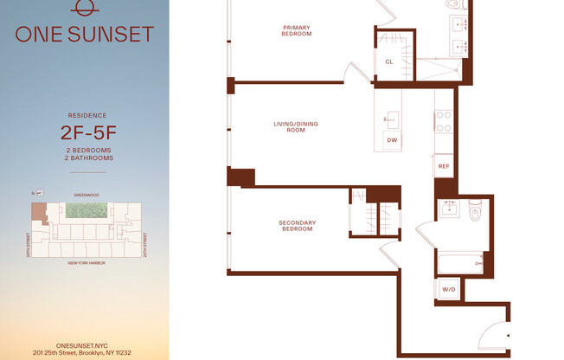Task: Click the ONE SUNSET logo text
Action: pos(84,35)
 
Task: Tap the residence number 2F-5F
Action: pos(84,132)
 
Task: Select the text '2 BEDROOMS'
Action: pos(84,150)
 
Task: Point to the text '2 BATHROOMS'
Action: pos(84,158)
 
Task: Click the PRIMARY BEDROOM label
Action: pos(297,31)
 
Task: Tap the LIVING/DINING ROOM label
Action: pos(296,127)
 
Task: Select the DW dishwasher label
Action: pos(392,139)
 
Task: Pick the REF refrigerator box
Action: pos(444,165)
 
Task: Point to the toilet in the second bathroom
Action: pos(474,210)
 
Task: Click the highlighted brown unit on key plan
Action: pos(38,212)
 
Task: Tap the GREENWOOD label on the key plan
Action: pos(86,196)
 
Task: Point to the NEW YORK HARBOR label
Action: pos(86,262)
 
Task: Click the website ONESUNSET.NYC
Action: pos(85,344)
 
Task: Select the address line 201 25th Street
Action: pos(85,352)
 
